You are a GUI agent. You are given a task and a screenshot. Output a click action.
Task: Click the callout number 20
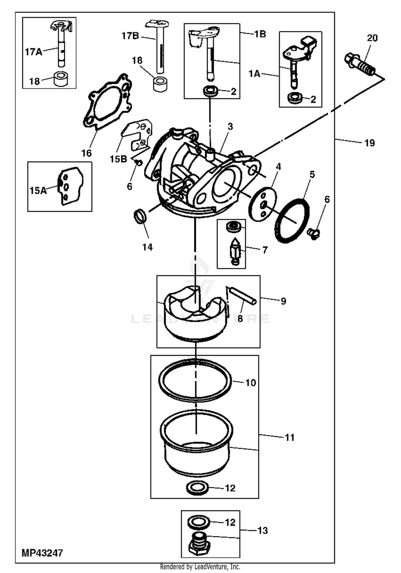click(x=372, y=38)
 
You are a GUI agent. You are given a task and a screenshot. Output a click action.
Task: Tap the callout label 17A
click(x=34, y=52)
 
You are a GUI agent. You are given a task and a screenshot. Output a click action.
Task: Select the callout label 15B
click(x=118, y=159)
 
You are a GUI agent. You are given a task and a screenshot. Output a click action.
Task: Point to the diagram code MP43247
click(x=42, y=553)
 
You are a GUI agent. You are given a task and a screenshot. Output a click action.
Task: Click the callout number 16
click(x=86, y=153)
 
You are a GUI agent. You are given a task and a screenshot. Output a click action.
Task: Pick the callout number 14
click(x=148, y=247)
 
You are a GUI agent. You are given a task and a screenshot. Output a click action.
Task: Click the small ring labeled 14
click(x=140, y=216)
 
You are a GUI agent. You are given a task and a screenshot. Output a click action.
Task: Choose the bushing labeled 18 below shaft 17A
click(x=61, y=79)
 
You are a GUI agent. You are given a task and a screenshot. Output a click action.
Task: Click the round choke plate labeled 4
click(x=263, y=204)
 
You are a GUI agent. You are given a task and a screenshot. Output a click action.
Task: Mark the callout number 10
click(x=251, y=383)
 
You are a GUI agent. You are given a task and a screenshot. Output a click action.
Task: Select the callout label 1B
click(x=260, y=34)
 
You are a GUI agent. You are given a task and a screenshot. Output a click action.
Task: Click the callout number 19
click(x=370, y=143)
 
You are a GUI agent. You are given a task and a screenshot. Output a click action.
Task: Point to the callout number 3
click(x=230, y=126)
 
